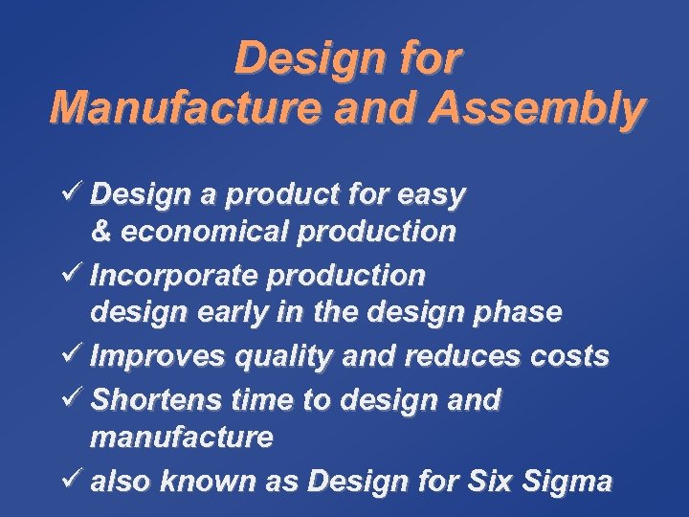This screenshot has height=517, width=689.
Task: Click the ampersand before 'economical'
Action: [100, 233]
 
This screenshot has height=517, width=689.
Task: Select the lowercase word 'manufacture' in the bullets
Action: [182, 438]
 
